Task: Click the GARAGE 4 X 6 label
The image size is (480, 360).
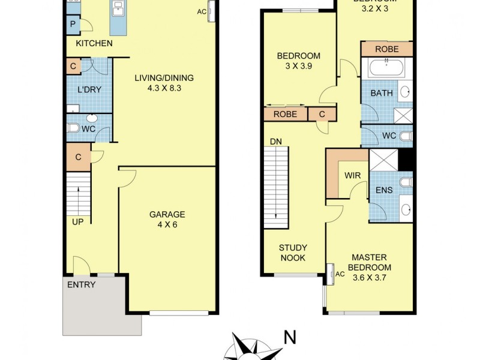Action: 167,220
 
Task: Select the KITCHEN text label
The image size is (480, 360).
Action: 94,43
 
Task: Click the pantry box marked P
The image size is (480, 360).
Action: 73,25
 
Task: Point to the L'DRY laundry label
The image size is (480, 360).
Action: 89,90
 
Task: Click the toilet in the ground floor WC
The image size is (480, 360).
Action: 73,128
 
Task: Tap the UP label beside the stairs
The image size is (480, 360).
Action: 78,221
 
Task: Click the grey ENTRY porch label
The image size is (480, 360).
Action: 81,284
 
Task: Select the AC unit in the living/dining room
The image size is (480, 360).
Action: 211,12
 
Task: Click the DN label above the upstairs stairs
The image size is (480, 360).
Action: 276,142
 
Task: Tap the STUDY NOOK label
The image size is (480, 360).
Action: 293,253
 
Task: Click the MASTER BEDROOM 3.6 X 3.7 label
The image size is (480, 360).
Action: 371,268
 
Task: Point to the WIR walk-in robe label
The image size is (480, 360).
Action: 352,176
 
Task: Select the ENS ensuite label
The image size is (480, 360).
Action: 384,190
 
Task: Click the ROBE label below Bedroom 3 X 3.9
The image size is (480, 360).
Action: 285,114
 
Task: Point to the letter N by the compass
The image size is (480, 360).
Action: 290,337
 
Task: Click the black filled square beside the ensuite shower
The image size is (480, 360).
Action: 407,160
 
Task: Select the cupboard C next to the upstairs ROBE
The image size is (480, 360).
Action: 322,114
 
